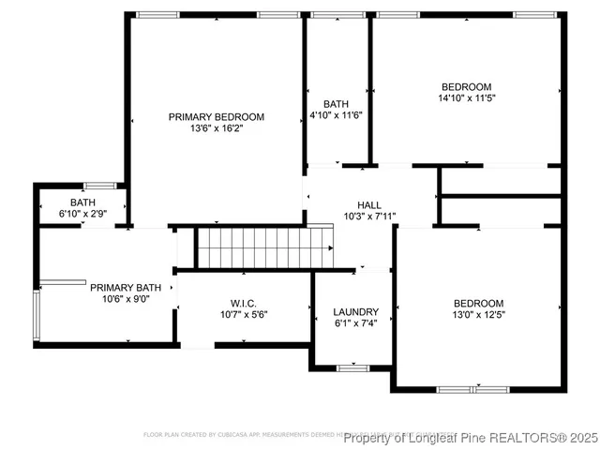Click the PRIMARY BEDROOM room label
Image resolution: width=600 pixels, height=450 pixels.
[217, 117]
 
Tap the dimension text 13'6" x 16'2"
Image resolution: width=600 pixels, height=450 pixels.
[217, 129]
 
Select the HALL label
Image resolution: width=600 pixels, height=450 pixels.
[369, 204]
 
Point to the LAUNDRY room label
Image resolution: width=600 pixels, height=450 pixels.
[356, 312]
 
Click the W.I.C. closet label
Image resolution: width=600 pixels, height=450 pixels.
[243, 303]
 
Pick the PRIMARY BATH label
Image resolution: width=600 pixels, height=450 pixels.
[126, 288]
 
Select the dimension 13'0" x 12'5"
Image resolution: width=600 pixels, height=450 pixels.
[478, 314]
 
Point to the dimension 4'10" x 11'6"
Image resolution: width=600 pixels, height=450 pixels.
[336, 114]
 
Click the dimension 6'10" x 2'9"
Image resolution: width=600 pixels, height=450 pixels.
[82, 215]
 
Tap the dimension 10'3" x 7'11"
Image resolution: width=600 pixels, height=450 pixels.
[369, 217]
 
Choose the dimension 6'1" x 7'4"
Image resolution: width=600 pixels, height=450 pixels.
[356, 323]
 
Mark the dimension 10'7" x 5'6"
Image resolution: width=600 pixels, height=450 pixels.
[243, 314]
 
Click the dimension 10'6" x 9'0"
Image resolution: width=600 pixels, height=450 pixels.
[126, 300]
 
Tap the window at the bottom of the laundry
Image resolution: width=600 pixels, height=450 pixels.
[353, 368]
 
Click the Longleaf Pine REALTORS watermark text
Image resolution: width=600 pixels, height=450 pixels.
[469, 438]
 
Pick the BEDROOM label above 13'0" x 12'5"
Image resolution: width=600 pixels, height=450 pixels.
[478, 303]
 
